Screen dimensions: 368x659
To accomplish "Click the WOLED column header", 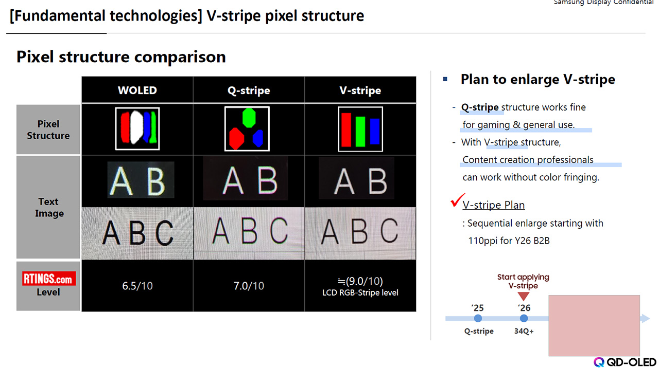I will point(137,90).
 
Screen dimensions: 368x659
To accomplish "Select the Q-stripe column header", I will point(249,90).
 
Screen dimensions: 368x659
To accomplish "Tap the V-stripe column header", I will point(360,90).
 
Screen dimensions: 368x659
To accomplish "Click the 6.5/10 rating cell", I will point(137,286).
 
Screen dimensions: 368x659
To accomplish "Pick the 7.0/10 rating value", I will point(249,286).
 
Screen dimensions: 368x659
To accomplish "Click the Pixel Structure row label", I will point(48,130).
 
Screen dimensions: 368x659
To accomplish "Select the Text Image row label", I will point(49,208).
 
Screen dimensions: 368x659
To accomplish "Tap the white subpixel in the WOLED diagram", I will point(137,127).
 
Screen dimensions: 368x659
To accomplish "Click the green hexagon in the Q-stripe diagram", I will point(249,118).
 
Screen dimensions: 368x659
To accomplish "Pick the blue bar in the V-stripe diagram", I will point(375,132).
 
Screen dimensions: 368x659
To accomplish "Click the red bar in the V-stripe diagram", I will point(346,129).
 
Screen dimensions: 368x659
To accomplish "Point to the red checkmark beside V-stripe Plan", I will point(457,200).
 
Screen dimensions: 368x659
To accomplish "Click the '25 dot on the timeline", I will point(478,319).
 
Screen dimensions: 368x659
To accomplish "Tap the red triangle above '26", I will point(524,296).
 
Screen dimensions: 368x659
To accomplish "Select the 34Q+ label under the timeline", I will point(524,332).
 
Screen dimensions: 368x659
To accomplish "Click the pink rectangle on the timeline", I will point(594,325).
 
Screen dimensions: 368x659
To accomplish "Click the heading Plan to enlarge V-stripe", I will point(537,80).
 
